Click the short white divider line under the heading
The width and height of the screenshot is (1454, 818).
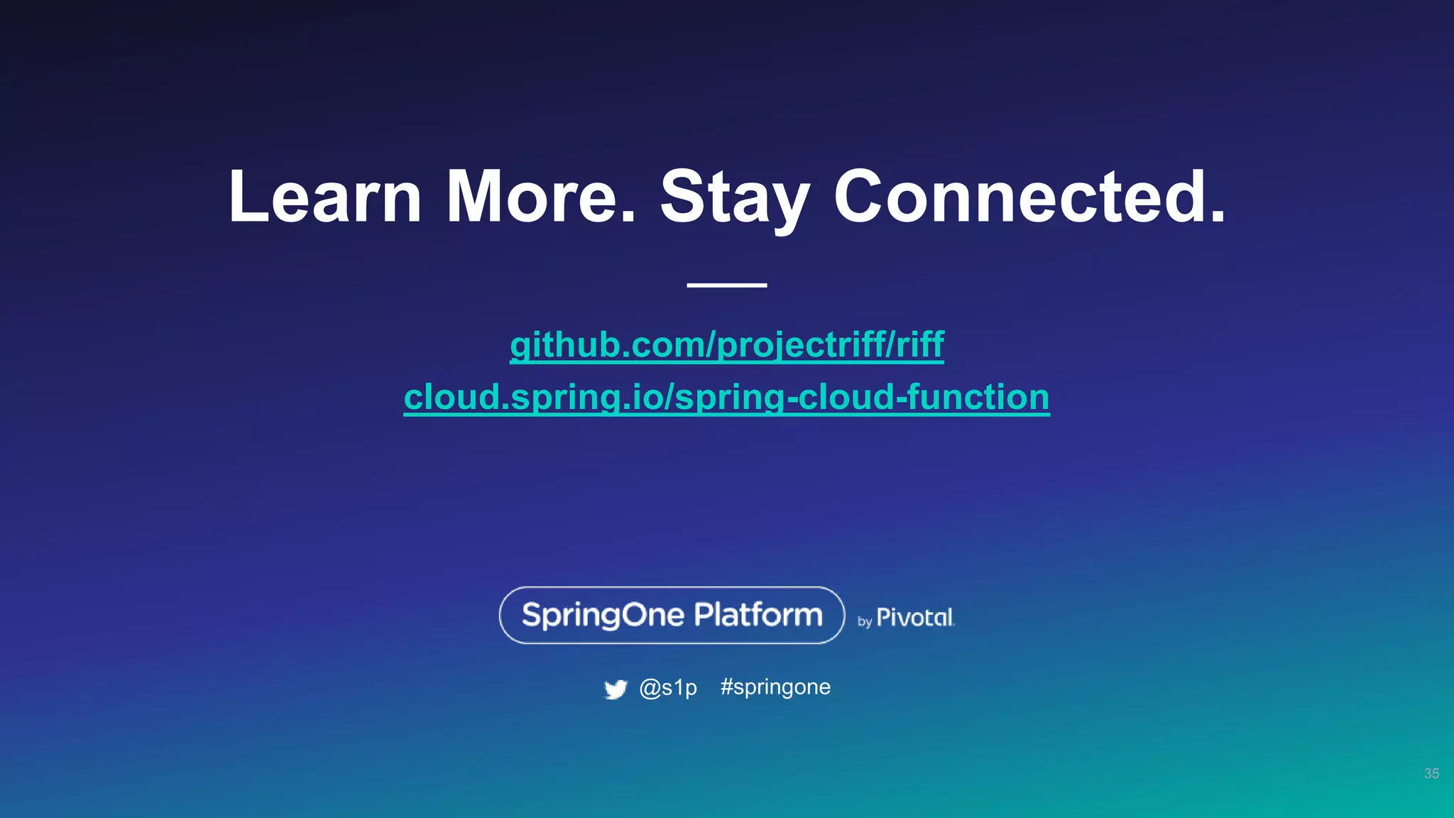click(726, 285)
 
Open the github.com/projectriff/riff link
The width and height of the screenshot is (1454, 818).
click(726, 345)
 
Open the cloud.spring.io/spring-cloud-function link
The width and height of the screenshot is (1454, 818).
click(726, 397)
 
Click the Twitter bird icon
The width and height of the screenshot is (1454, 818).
click(616, 689)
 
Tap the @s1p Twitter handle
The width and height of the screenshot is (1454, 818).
click(668, 687)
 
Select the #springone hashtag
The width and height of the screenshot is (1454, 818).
click(775, 687)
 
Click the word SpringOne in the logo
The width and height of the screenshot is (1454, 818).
click(603, 615)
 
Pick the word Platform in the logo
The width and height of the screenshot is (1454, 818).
click(758, 615)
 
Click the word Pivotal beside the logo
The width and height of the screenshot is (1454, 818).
click(915, 618)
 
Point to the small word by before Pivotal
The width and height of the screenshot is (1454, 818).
click(865, 622)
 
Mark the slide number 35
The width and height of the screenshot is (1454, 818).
click(1431, 773)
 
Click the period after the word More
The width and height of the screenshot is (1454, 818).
click(628, 216)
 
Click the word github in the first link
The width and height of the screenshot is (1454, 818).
click(554, 345)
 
